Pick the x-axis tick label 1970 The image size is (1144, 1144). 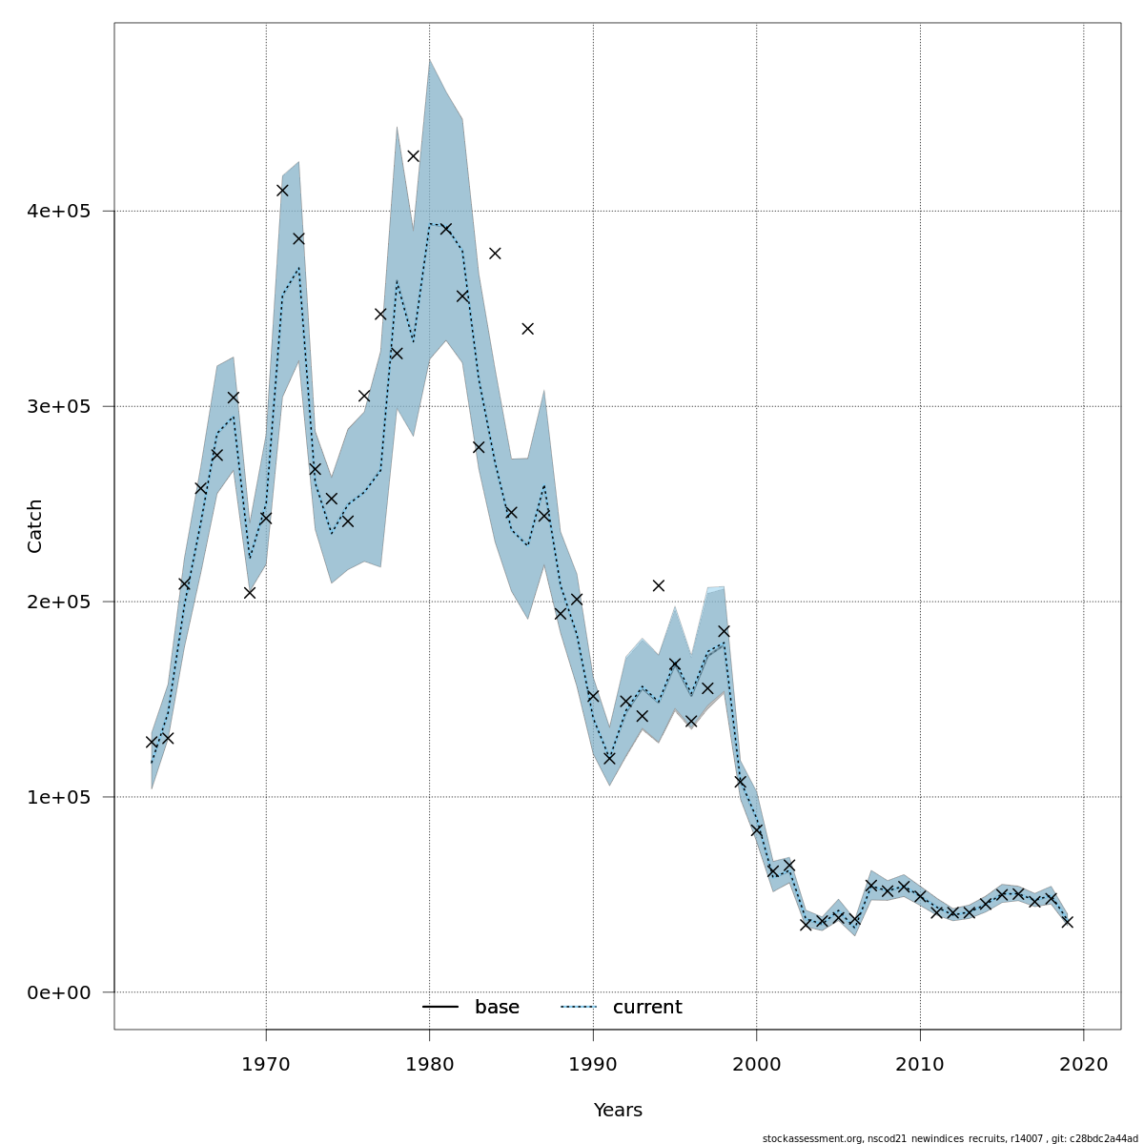266,1063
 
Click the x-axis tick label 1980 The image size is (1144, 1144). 430,1063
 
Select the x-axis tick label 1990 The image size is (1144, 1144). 593,1063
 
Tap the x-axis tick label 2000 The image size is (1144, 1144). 757,1063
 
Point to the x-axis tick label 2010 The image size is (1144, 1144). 921,1063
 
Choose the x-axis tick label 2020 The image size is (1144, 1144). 1084,1063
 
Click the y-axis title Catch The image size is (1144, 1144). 35,525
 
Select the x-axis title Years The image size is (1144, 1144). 618,1111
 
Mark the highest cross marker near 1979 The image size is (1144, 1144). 413,155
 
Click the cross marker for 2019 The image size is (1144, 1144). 1068,922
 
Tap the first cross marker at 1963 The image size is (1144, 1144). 152,742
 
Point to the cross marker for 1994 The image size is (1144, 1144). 659,585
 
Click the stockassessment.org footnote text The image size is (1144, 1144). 950,1138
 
